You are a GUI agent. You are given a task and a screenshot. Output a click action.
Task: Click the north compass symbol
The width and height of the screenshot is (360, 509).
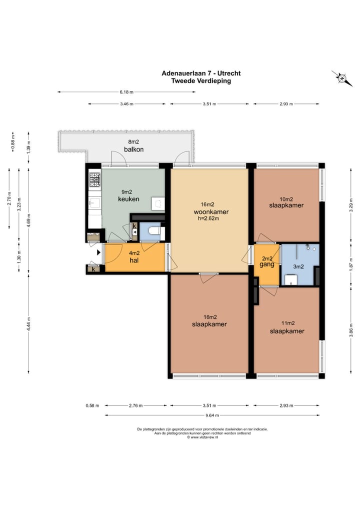342,78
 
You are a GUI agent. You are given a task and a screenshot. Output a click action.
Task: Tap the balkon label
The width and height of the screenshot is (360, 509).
133,149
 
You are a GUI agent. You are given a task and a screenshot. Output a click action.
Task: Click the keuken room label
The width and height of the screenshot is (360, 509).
128,199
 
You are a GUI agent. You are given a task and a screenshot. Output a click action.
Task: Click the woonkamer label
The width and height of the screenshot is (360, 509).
211,212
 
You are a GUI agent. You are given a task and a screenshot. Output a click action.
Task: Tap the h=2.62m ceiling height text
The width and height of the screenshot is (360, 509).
208,218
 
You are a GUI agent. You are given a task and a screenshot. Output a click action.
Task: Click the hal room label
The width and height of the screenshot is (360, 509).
134,260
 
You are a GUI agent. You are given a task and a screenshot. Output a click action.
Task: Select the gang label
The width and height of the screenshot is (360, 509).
267,264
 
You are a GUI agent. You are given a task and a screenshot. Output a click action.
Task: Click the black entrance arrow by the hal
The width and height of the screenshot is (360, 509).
99,252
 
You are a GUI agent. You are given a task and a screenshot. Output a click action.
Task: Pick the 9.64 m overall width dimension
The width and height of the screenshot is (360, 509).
212,415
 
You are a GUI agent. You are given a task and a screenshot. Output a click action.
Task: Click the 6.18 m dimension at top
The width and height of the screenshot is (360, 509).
126,92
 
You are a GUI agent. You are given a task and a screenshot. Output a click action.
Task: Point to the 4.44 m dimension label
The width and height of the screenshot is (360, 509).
28,324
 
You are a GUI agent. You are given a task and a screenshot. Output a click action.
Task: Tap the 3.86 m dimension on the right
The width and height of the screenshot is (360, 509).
351,330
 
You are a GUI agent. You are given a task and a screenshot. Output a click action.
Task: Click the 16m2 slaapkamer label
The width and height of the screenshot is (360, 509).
209,320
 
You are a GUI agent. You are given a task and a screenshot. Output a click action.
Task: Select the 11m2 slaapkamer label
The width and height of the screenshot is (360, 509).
287,327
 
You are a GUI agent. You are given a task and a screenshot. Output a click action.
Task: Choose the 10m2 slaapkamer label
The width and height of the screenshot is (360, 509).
286,202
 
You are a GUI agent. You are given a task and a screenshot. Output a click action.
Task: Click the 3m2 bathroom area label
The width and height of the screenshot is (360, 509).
298,266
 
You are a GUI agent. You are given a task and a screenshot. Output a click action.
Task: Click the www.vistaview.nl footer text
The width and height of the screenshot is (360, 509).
202,437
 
